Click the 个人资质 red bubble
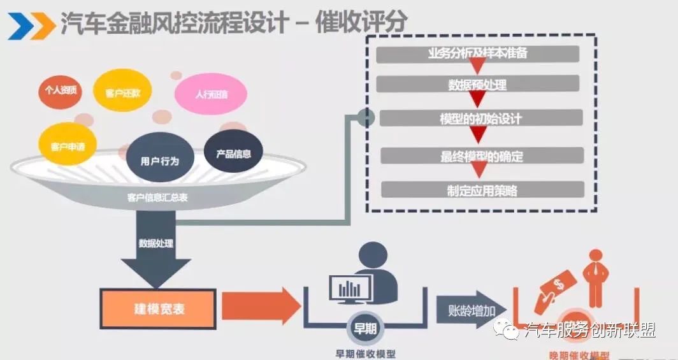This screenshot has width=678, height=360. click(x=61, y=90)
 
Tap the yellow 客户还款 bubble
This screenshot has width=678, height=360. click(x=123, y=93)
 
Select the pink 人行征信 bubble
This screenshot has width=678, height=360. click(x=211, y=95)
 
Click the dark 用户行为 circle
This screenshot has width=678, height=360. click(x=160, y=161)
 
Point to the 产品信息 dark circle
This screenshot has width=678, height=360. click(x=233, y=154)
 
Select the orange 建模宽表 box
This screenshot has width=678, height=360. click(x=157, y=309)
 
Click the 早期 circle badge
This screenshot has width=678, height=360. click(x=365, y=329)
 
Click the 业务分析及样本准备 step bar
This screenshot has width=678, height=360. click(x=478, y=54)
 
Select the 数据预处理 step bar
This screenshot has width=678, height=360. click(x=478, y=84)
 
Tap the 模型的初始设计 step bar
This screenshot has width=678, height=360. click(x=481, y=119)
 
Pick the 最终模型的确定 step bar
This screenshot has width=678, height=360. click(x=482, y=155)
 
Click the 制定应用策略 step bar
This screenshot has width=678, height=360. click(x=482, y=189)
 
